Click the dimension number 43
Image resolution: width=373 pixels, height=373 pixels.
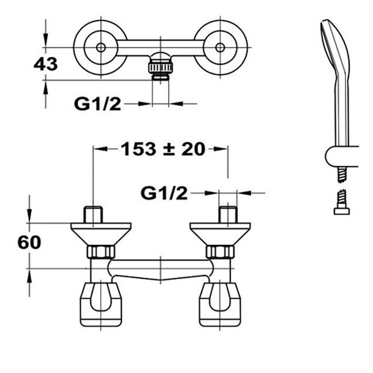pos(46,64)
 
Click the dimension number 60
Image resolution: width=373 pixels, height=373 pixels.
pos(29,242)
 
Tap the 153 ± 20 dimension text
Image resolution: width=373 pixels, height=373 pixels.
pos(163,149)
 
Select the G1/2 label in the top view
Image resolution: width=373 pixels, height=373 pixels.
pos(97,104)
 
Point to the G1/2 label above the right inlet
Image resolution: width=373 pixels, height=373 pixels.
pos(164,193)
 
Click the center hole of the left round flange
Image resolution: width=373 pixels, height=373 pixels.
pos(101,48)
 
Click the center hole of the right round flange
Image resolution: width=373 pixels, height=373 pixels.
pos(220,48)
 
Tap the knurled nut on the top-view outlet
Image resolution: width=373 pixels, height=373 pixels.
pos(161,67)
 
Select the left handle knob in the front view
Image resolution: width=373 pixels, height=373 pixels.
pos(101,304)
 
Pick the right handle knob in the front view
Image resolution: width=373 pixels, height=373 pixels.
pos(220,304)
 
